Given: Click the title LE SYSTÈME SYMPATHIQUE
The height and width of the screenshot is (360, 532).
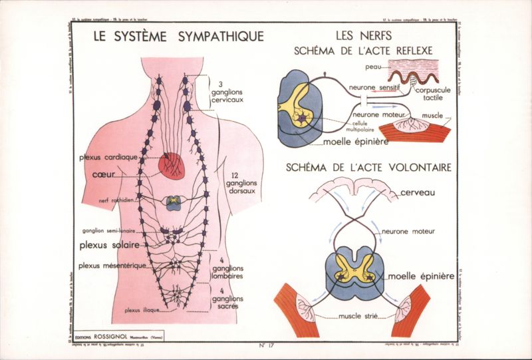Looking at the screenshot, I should click(x=179, y=37).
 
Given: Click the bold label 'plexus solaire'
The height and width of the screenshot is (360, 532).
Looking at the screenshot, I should click(x=109, y=245).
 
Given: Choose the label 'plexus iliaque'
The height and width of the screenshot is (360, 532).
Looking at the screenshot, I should click(x=142, y=309).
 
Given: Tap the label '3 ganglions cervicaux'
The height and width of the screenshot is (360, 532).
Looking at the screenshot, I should click(x=229, y=92).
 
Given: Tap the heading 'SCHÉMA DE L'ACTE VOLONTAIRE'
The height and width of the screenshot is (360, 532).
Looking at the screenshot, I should click(x=368, y=166).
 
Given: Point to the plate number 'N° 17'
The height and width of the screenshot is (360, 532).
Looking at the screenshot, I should click(x=266, y=345).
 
